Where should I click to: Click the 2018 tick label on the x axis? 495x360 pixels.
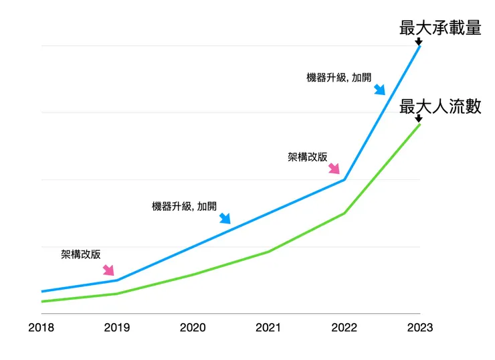click(41, 328)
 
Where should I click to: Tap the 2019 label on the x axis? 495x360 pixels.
click(117, 328)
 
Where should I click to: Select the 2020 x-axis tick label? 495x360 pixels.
click(193, 328)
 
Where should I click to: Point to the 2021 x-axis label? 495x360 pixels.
click(268, 328)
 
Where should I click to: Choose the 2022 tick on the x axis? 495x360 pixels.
click(344, 328)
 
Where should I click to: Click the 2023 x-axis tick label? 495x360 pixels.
click(419, 328)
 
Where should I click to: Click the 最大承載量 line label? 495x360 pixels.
click(439, 27)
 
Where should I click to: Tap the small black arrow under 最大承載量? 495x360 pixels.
click(419, 41)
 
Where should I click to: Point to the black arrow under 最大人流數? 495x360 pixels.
click(419, 119)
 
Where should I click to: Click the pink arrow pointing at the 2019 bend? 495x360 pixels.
click(108, 270)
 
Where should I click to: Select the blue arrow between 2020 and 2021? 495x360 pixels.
click(225, 217)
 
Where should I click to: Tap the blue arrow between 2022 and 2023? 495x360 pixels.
click(379, 89)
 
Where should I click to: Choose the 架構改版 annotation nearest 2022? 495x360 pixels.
click(308, 157)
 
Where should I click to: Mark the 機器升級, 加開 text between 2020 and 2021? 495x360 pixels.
click(185, 206)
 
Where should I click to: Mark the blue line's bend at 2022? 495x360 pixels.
click(344, 179)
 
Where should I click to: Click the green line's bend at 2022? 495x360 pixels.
click(344, 213)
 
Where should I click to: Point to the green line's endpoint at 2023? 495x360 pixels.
click(419, 124)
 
